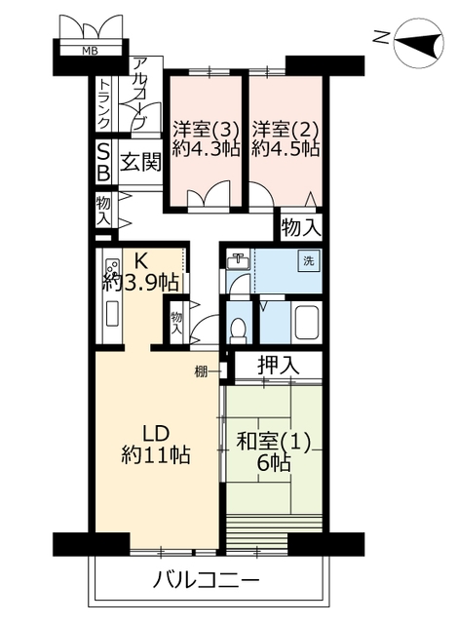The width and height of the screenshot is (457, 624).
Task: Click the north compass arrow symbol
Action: (x=419, y=43)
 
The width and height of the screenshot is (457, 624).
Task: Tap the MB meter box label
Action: (x=90, y=51)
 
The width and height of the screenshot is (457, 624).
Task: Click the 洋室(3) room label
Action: (x=206, y=130)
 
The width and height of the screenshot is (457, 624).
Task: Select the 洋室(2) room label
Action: (x=286, y=130)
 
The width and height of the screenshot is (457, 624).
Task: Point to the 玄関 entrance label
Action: (x=140, y=162)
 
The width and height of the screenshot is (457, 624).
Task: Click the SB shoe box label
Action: (x=103, y=163)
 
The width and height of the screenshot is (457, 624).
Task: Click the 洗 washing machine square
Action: (x=309, y=260)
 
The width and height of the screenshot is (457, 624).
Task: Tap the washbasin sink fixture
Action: (x=239, y=261)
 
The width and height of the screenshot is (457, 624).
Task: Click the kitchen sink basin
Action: (x=112, y=314)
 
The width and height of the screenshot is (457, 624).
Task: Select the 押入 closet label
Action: (x=279, y=365)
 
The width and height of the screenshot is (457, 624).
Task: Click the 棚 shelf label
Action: (x=201, y=371)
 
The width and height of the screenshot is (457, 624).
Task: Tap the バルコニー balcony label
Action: (x=207, y=580)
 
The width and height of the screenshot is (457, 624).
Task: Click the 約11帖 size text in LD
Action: (x=156, y=455)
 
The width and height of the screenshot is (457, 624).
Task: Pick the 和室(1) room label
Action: (x=273, y=442)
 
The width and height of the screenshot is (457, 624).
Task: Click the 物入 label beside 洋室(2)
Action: (x=301, y=227)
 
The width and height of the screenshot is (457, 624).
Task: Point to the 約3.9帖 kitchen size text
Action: (x=140, y=282)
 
